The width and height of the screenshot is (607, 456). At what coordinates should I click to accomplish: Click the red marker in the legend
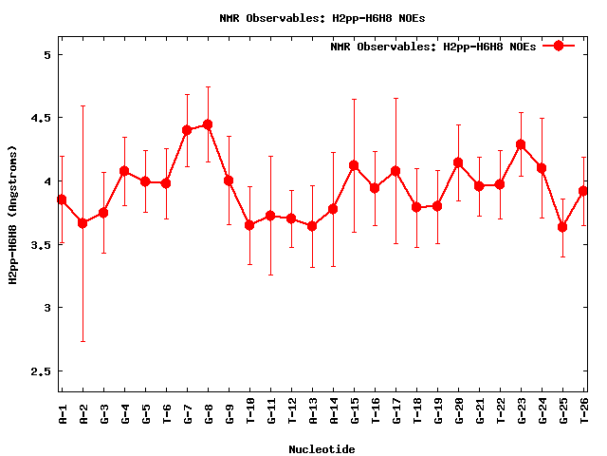tap(559, 46)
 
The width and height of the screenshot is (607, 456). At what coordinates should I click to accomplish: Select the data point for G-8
tap(208, 124)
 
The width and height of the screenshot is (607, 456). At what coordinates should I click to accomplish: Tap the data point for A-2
tap(83, 222)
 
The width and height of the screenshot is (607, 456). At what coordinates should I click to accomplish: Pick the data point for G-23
tap(521, 144)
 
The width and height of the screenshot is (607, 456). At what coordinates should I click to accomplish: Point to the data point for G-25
tap(562, 227)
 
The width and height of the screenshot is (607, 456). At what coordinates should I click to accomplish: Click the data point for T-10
tap(249, 225)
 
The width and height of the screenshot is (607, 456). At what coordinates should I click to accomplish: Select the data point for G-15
tap(354, 165)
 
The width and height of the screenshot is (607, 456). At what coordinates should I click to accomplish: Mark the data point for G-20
tap(458, 162)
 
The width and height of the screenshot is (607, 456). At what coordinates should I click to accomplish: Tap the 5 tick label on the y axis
tap(45, 54)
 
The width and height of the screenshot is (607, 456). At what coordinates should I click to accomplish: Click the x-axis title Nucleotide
tap(322, 449)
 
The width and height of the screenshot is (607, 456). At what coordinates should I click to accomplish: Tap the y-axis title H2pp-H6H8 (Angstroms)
tap(13, 215)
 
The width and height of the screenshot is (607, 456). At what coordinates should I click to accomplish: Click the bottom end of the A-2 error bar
tap(83, 341)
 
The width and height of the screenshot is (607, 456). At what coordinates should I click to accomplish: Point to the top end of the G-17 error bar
tap(395, 98)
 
